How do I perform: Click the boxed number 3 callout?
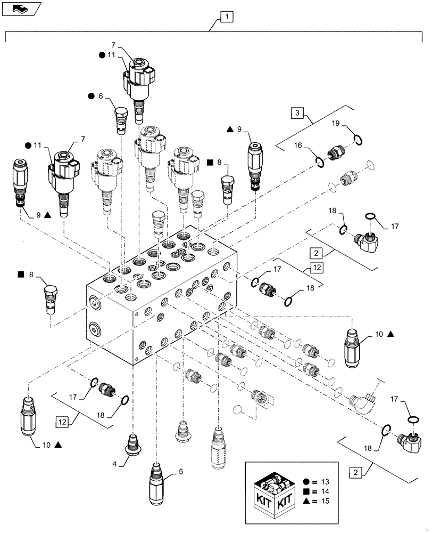coord(298,114)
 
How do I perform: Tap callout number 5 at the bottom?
coord(182,471)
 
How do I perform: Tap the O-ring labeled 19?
coord(359,140)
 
